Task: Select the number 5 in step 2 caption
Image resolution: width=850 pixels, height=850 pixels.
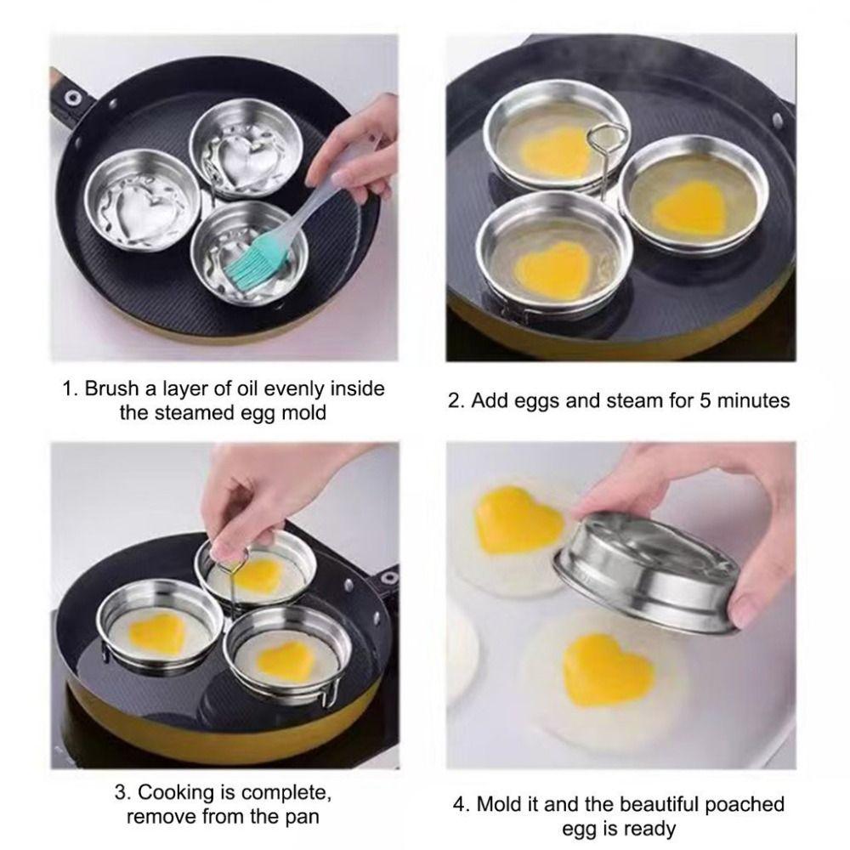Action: point(705,399)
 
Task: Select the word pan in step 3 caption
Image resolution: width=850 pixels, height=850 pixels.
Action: point(303,819)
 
